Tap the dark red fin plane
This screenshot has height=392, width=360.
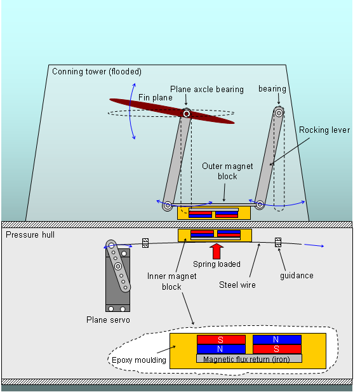tap(172, 111)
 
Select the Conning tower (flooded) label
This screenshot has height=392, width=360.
tap(97, 72)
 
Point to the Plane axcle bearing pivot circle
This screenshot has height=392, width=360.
tap(187, 114)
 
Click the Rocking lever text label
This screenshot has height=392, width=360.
tap(324, 130)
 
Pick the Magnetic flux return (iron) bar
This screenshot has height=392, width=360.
tap(249, 358)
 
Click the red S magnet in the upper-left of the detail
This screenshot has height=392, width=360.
tap(221, 340)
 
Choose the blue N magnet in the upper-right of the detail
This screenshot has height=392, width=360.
tap(277, 339)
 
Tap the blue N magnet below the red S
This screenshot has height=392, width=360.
tap(221, 349)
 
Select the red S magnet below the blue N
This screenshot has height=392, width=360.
tap(277, 349)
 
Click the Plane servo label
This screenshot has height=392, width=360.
tap(108, 320)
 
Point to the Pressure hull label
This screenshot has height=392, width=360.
tap(30, 234)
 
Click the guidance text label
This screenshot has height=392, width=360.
tap(297, 276)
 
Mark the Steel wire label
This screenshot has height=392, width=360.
tap(237, 285)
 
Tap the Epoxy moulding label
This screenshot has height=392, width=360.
tap(139, 360)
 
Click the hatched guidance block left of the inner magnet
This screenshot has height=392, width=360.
tap(145, 243)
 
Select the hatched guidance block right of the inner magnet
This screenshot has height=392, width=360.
tap(278, 242)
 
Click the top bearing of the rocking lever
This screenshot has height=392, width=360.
tap(279, 113)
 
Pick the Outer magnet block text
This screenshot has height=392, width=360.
tap(227, 172)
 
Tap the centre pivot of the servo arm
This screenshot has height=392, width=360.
tap(118, 266)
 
